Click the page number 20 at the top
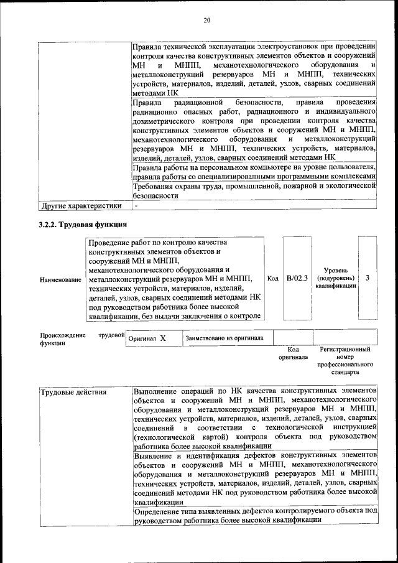point(207,21)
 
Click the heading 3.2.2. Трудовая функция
point(83,224)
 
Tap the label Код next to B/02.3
point(272,278)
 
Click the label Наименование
point(60,280)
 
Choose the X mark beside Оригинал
point(162,338)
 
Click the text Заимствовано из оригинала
point(224,338)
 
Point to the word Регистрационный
point(345,350)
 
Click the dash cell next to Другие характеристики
point(136,205)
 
